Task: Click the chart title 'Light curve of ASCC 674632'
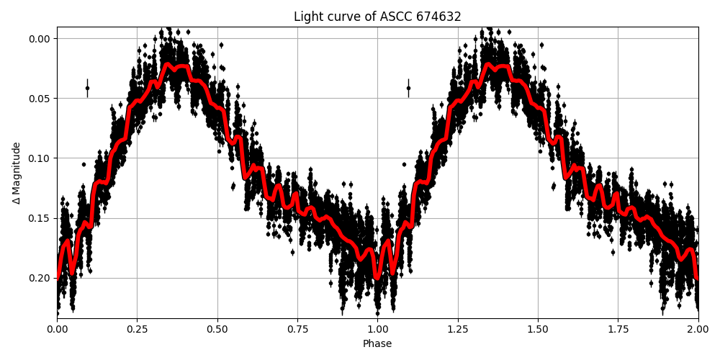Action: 377,17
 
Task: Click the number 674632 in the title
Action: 438,17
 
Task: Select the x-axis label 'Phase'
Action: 377,344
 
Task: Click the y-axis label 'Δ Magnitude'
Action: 17,172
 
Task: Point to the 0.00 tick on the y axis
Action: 40,38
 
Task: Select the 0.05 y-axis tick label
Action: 40,98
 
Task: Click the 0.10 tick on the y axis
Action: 40,158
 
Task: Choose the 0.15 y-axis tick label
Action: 40,218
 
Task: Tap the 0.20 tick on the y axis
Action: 40,278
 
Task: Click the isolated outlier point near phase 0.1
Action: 87,88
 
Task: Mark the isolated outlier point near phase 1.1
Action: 408,88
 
